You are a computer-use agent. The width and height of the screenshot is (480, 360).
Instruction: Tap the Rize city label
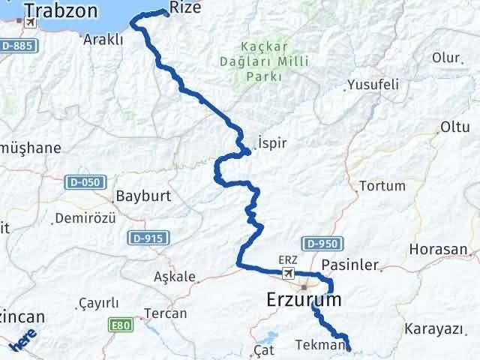[x=185, y=7]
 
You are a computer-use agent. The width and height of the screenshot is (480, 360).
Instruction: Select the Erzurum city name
[x=303, y=300]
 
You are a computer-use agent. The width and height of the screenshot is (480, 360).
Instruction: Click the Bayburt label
[x=143, y=197]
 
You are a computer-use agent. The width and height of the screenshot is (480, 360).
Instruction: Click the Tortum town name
[x=382, y=185]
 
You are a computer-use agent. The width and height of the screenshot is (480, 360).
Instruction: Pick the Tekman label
[x=320, y=344]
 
